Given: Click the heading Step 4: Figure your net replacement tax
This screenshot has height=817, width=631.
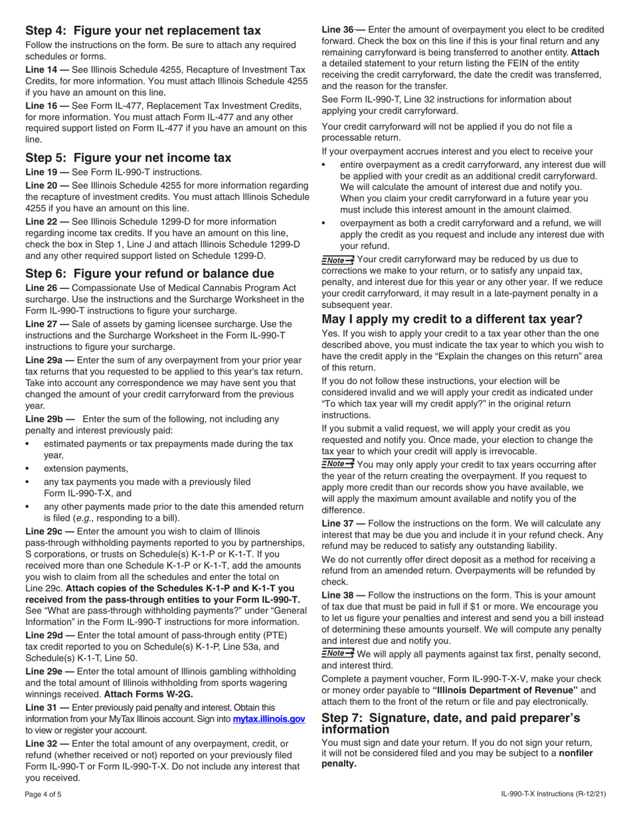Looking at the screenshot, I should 143,31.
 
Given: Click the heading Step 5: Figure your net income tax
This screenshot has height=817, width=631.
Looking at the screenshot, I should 128,157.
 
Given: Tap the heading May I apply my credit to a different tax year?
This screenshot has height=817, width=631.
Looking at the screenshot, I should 452,319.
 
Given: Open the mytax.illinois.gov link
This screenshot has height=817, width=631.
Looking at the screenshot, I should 268,719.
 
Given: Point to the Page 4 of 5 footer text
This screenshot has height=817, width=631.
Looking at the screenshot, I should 43,794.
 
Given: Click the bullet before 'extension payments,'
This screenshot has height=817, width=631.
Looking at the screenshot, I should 27,468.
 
